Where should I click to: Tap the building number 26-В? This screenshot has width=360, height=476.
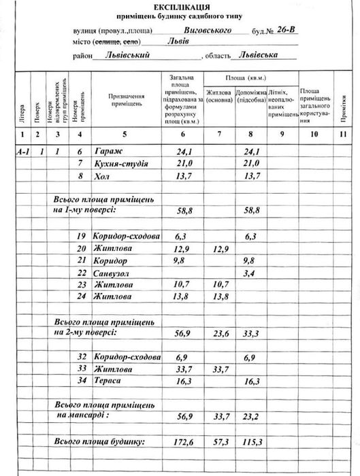(284, 30)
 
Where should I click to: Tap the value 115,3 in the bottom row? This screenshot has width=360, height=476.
(252, 443)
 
